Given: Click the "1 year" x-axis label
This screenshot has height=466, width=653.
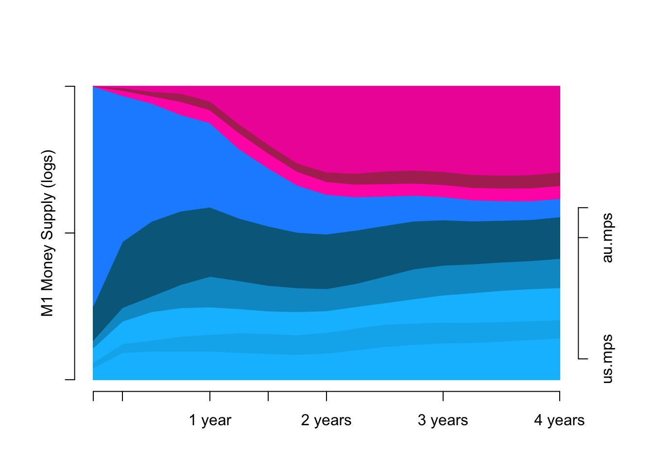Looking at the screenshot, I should [x=210, y=420].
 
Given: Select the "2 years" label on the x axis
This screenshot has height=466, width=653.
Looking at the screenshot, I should [x=326, y=420].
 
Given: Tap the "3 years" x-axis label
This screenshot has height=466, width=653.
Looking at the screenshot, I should [x=443, y=420].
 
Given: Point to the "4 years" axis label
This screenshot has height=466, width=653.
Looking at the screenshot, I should [x=559, y=420].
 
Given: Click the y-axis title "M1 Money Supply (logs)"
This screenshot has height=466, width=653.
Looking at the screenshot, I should [x=47, y=233].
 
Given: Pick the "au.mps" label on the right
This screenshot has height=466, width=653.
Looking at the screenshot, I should [x=607, y=237].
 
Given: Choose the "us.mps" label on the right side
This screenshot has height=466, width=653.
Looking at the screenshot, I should [x=607, y=359].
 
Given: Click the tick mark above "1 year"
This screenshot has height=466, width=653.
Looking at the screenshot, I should [x=210, y=396].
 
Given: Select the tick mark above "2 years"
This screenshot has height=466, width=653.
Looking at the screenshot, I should [x=326, y=396].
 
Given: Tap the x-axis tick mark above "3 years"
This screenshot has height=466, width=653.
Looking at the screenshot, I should [x=443, y=396].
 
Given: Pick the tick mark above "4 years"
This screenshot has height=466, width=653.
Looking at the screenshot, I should [x=560, y=396].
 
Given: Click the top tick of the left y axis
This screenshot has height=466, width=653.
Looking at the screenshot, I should [x=70, y=86].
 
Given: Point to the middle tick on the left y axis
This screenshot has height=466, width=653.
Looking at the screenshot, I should [x=70, y=233].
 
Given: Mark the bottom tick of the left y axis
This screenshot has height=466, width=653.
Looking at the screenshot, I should [x=70, y=380].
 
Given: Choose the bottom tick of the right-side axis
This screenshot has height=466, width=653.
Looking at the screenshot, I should [x=583, y=359].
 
